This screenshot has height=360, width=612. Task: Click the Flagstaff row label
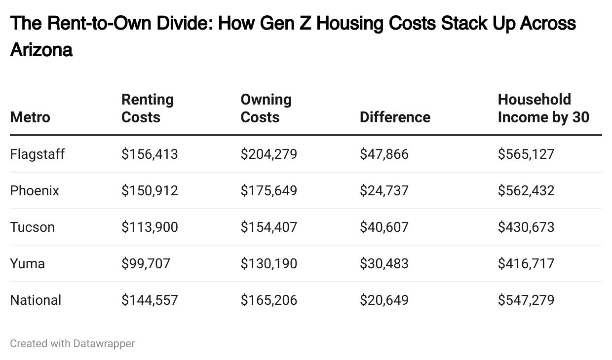point(37,154)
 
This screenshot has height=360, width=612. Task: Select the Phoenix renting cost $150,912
point(149,191)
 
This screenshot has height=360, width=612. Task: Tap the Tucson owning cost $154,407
point(268,227)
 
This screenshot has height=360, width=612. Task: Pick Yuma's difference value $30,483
point(383,264)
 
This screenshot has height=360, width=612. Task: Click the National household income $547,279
point(526,300)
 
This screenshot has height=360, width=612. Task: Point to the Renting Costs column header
point(147,108)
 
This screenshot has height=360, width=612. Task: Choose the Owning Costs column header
point(266,108)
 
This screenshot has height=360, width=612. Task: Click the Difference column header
point(394,117)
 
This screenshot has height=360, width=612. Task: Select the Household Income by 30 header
point(543,108)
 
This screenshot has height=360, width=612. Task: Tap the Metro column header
point(30,117)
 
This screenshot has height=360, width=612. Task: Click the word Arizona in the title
point(41,50)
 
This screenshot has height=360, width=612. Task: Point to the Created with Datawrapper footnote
point(72,343)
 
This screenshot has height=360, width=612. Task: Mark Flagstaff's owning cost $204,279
point(268,154)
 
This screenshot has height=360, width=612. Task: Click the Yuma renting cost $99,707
point(146,264)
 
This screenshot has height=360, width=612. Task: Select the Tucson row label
point(32,227)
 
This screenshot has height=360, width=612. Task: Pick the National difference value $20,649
point(383,300)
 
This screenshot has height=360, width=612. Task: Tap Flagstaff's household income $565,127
point(526,154)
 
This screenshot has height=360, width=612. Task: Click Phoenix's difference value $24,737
point(383,191)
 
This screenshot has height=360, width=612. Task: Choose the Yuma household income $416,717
point(526,264)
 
